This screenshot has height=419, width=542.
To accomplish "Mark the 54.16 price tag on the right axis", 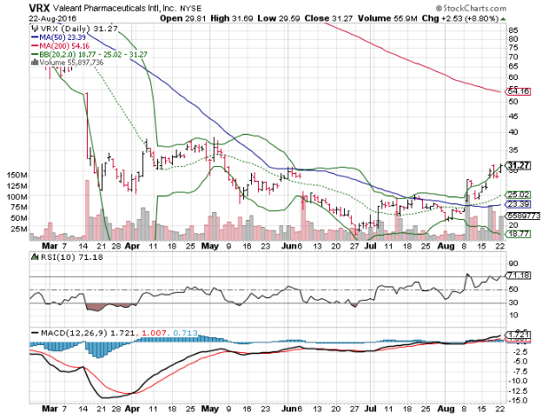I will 519,90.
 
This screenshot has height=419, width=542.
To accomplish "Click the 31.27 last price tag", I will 519,165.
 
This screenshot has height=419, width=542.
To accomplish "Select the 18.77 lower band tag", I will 519,234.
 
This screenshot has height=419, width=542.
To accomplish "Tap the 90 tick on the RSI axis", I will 512,262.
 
